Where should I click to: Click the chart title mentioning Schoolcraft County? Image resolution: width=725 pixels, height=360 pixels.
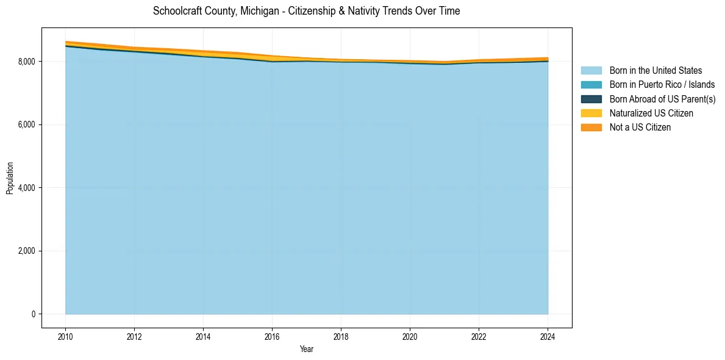pyautogui.click(x=306, y=11)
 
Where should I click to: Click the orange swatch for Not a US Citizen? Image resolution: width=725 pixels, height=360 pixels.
pyautogui.click(x=591, y=128)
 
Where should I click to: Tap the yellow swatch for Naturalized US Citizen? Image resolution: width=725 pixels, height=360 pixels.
pyautogui.click(x=591, y=113)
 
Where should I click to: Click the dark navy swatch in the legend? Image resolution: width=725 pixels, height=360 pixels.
pyautogui.click(x=591, y=99)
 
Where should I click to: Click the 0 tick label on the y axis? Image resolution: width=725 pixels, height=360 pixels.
pyautogui.click(x=32, y=314)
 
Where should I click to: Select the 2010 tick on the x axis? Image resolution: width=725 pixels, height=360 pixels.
pyautogui.click(x=65, y=336)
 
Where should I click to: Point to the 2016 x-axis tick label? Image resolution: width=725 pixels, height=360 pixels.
pyautogui.click(x=272, y=336)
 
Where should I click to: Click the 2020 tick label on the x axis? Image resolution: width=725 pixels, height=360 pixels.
pyautogui.click(x=410, y=336)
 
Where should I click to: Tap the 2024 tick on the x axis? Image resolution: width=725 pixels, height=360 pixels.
pyautogui.click(x=548, y=336)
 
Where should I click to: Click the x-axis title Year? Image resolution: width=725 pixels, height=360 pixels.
pyautogui.click(x=307, y=349)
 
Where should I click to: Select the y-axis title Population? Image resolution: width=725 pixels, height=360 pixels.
pyautogui.click(x=10, y=178)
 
